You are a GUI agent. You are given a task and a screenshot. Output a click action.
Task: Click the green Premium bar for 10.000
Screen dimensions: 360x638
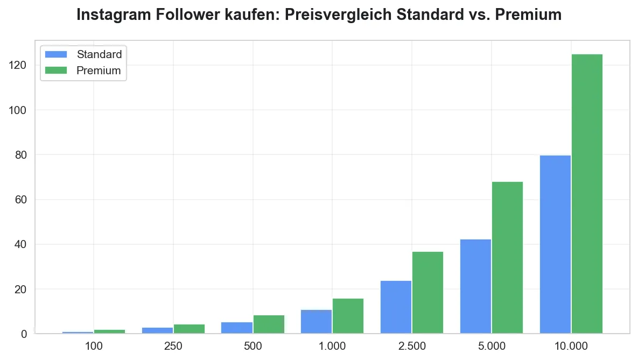coord(587,194)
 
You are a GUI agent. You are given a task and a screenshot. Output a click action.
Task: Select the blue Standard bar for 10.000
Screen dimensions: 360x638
coord(555,244)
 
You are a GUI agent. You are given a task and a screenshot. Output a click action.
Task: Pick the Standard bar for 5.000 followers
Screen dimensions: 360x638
coord(475,286)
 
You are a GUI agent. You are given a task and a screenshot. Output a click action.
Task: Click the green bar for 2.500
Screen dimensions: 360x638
coord(427,292)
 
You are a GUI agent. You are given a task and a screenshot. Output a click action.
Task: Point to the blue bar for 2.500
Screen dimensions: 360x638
coord(396,307)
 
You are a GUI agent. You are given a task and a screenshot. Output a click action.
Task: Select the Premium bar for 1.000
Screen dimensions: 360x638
coord(348,316)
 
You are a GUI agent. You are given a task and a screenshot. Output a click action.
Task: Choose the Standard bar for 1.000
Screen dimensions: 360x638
coord(316,321)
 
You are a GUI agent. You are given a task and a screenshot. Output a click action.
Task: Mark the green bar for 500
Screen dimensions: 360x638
coord(269,324)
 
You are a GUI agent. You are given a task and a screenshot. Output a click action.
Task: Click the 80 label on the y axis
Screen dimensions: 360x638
coord(20,155)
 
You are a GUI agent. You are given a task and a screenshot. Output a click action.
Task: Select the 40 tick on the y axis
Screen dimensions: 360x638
coord(20,245)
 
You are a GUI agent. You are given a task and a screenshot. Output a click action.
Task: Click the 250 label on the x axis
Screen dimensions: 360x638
coord(173,345)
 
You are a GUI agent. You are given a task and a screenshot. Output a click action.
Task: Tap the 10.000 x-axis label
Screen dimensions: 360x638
coord(571,345)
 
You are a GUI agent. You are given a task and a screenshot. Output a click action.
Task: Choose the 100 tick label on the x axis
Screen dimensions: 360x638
coord(94,345)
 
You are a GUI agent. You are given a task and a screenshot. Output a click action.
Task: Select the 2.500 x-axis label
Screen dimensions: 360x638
coord(412,345)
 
